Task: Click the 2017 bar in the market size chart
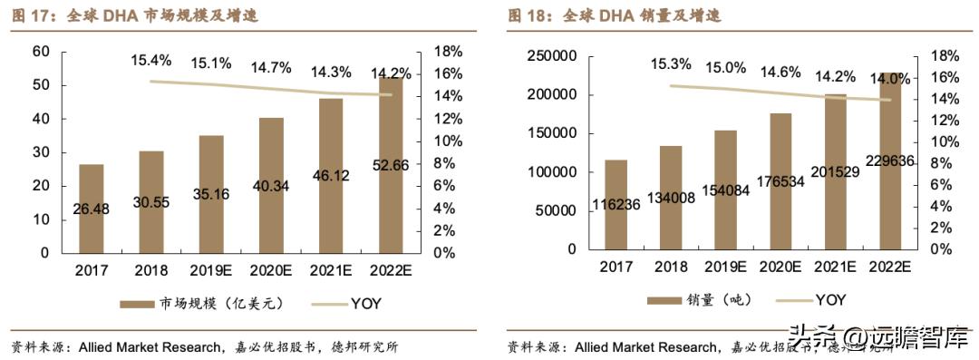click(x=91, y=209)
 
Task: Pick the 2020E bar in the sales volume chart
click(x=780, y=181)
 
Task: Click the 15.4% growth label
click(x=150, y=61)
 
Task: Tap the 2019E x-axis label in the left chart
click(x=211, y=270)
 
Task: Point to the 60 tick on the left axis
click(x=41, y=52)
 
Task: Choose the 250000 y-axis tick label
click(x=553, y=56)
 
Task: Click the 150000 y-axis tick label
click(x=553, y=133)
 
